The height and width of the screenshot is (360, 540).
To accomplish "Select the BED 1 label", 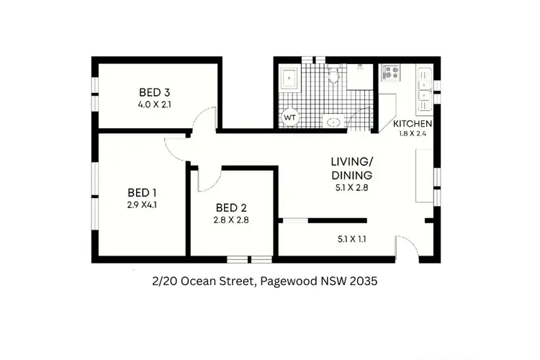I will [142, 192].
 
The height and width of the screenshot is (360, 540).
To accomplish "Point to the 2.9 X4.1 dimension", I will [142, 204].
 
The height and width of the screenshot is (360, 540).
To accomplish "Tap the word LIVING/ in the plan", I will [351, 162].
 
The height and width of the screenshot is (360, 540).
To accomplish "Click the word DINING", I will [351, 176].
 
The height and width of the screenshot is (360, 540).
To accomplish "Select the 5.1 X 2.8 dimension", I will [351, 189].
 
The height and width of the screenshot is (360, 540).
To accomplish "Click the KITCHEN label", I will [413, 124].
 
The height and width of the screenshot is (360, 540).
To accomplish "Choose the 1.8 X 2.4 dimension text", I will [413, 134].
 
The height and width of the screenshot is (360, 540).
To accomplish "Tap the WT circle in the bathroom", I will [290, 117].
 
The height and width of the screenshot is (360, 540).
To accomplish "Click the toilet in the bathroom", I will [333, 73].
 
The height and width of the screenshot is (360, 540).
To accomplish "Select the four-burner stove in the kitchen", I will [392, 72].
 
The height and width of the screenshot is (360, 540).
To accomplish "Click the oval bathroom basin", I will [333, 122].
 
